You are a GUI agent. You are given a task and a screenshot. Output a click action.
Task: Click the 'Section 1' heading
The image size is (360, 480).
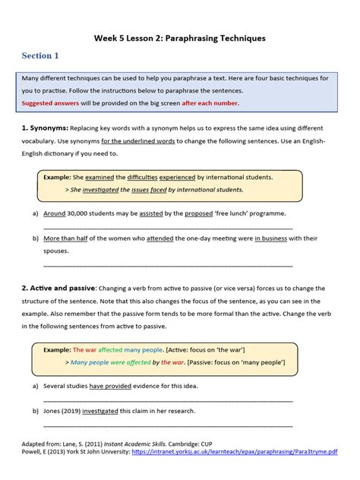click(x=40, y=56)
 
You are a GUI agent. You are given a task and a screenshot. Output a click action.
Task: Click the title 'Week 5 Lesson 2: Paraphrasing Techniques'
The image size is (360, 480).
click(x=180, y=36)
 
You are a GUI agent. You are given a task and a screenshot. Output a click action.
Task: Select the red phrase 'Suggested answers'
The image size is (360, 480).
click(x=52, y=103)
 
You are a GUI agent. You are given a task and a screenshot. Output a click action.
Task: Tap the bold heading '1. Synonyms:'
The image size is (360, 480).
click(x=46, y=129)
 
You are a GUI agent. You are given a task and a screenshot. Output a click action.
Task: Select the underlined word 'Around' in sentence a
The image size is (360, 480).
click(x=55, y=213)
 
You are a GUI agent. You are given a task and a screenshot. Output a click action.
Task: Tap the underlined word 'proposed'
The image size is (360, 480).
click(x=199, y=213)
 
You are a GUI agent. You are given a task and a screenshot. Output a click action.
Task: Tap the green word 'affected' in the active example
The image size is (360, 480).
click(x=110, y=349)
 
